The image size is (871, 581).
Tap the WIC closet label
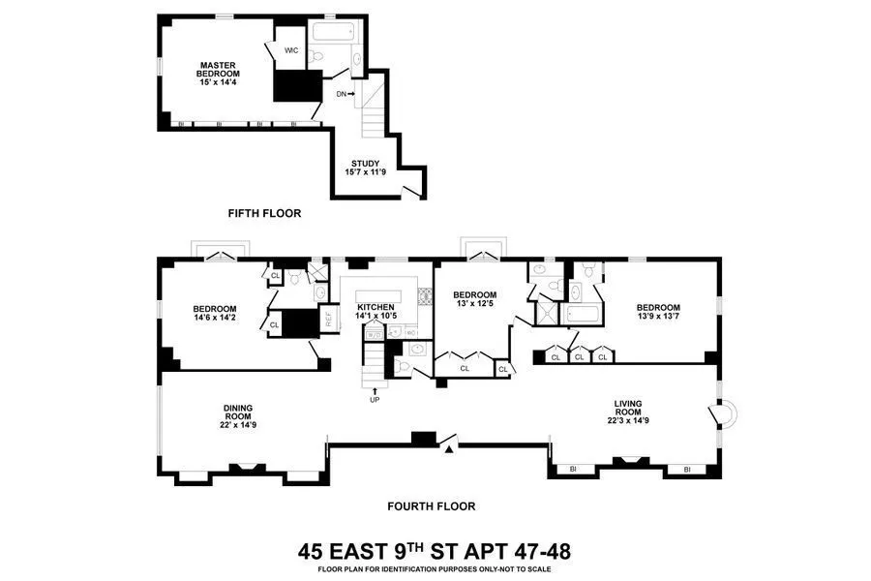[291, 51]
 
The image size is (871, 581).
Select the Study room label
[366, 168]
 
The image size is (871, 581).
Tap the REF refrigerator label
[328, 316]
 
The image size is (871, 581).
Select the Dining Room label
[238, 414]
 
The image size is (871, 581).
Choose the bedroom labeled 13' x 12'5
[474, 300]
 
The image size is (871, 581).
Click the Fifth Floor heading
[264, 213]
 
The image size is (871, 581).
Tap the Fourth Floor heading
[431, 505]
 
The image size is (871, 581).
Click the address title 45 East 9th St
[435, 552]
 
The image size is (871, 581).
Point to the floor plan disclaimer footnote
[435, 569]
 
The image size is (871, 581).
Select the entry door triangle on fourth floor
[447, 444]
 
